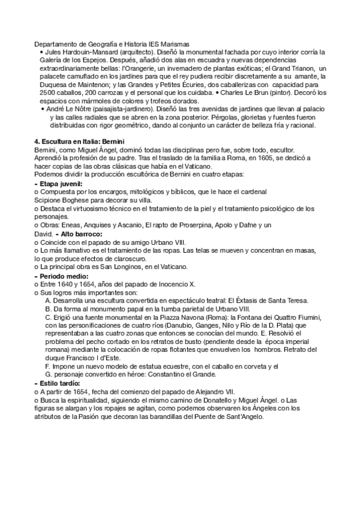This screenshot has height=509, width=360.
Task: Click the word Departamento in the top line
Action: (57, 44)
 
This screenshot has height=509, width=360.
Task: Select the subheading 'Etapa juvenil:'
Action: (61, 182)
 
